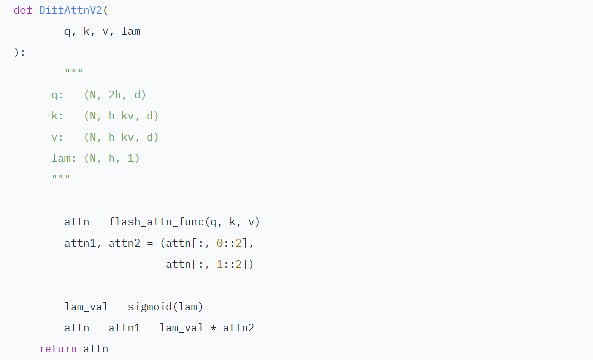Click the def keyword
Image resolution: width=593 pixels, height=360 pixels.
[x=23, y=10]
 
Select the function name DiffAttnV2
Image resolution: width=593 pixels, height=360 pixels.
[x=71, y=10]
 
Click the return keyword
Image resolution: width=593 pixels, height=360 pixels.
[x=57, y=349]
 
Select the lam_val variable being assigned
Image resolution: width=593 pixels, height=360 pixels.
[x=86, y=307]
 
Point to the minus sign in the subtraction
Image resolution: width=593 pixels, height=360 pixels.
[x=150, y=328]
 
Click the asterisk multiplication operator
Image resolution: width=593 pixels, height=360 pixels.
[x=213, y=328]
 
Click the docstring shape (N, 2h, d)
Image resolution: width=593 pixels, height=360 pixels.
[x=115, y=95]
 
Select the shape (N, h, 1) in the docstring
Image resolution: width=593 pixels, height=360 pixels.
[x=112, y=158]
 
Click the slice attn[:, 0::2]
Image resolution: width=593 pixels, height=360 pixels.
[x=207, y=243]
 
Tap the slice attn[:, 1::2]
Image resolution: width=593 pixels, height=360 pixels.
[x=207, y=264]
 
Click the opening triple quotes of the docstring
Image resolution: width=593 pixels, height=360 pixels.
[x=74, y=73]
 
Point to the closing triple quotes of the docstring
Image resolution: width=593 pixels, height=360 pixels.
[x=61, y=178]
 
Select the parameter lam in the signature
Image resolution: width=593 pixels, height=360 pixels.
[x=131, y=31]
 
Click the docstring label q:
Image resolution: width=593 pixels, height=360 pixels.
[x=57, y=95]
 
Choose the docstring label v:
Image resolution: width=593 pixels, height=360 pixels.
[x=57, y=137]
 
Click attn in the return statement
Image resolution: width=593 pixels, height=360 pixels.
[x=96, y=349]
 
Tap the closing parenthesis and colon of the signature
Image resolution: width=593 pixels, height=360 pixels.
[x=20, y=52]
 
